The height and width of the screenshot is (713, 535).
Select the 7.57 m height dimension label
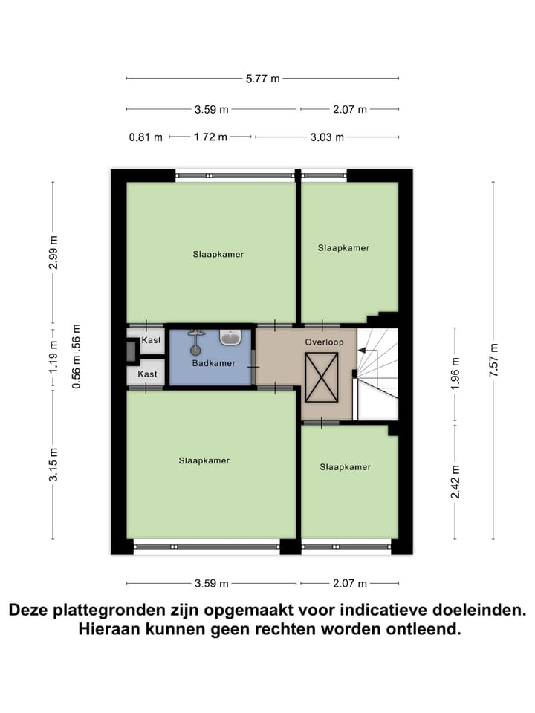(493, 362)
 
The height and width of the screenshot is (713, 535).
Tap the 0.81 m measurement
(146, 137)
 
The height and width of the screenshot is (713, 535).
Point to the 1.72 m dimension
(211, 137)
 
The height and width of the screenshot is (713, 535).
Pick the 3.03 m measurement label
(327, 137)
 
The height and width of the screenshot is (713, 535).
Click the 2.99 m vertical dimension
(53, 253)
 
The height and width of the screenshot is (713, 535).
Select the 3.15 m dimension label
(53, 465)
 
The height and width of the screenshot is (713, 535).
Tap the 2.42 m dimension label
(455, 482)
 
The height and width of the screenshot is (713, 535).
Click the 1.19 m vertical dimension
(53, 358)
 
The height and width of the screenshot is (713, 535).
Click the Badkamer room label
(213, 363)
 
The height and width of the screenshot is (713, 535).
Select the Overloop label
(323, 342)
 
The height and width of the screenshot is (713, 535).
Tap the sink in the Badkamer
(230, 338)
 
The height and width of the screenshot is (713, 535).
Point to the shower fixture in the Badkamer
(196, 343)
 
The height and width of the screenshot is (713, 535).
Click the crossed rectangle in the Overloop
(321, 377)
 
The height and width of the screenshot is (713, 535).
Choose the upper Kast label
(151, 340)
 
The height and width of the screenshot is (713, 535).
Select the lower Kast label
(147, 374)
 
